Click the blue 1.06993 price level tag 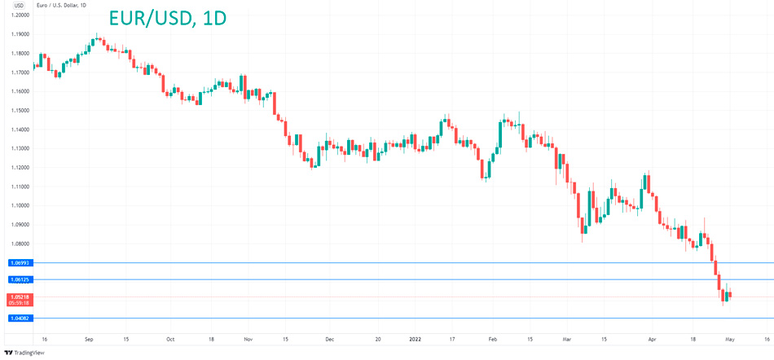pyautogui.click(x=20, y=263)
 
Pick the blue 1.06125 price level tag pyautogui.click(x=20, y=279)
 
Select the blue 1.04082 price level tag pyautogui.click(x=20, y=318)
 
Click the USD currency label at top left pyautogui.click(x=18, y=5)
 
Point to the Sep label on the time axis pyautogui.click(x=89, y=338)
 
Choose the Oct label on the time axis pyautogui.click(x=169, y=338)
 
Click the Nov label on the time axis pyautogui.click(x=248, y=338)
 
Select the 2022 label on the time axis pyautogui.click(x=415, y=338)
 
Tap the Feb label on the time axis pyautogui.click(x=492, y=338)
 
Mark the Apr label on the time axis pyautogui.click(x=652, y=338)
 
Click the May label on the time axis pyautogui.click(x=730, y=338)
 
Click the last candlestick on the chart pyautogui.click(x=730, y=296)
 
